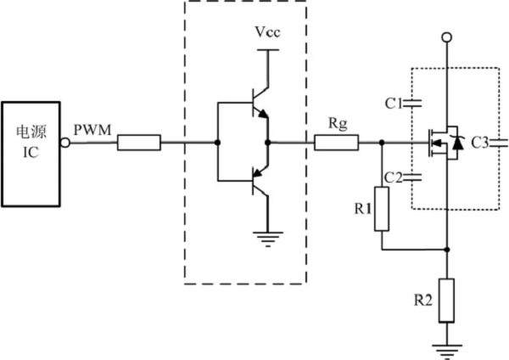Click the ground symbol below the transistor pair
(x=268, y=239)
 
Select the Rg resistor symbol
(x=337, y=143)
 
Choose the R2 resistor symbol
(x=447, y=300)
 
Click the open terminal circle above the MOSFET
(x=447, y=39)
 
